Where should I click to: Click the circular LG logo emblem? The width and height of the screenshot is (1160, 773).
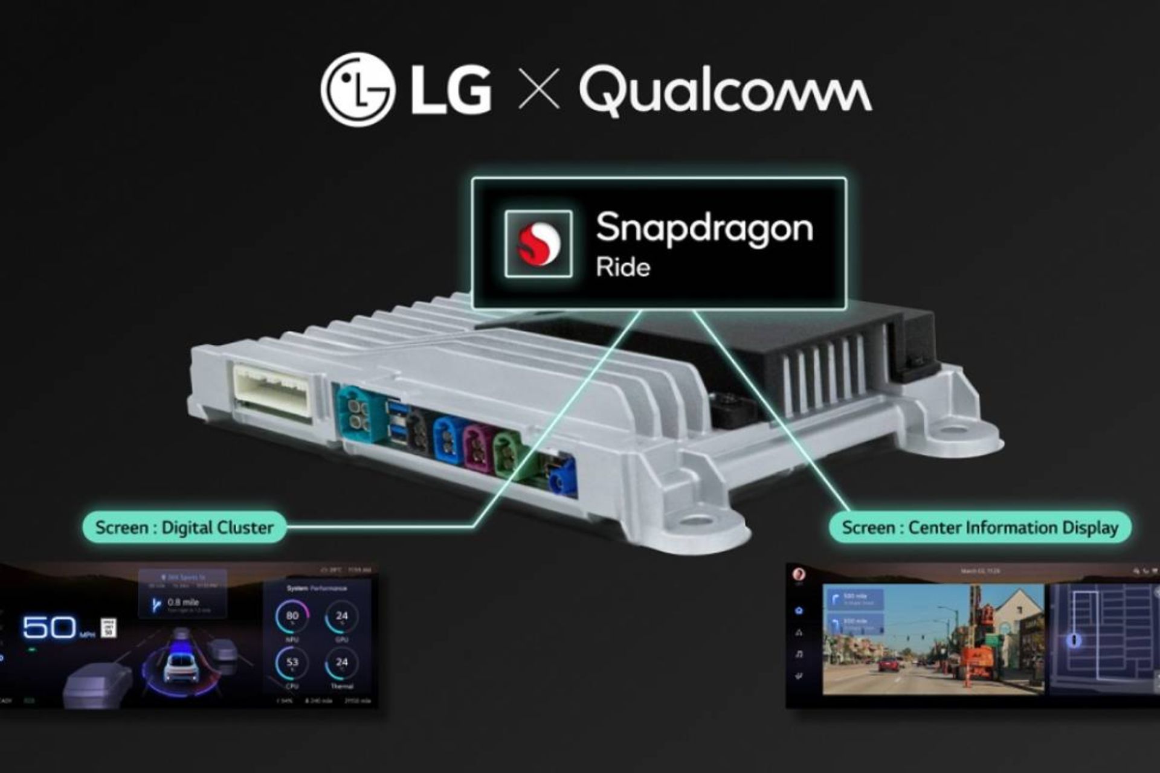click(x=358, y=89)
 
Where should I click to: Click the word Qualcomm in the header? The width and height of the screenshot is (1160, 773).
click(x=725, y=91)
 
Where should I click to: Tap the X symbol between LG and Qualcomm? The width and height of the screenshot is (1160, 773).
click(x=539, y=89)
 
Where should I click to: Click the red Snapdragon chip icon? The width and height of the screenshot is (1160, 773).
click(x=538, y=243)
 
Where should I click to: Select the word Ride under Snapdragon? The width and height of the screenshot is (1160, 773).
click(x=623, y=267)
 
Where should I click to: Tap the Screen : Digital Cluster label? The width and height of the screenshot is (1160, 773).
click(x=184, y=527)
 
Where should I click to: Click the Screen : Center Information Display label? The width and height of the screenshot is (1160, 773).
click(x=979, y=527)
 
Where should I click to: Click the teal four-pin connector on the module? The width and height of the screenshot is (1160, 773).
click(x=359, y=414)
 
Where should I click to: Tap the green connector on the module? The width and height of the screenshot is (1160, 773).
click(x=509, y=456)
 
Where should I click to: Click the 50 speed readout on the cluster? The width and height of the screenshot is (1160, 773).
click(x=50, y=628)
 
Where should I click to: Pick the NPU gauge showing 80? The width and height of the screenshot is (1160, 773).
click(x=292, y=617)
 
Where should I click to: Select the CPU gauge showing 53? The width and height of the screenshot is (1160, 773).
click(x=292, y=663)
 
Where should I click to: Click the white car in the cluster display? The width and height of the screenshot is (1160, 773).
click(x=179, y=664)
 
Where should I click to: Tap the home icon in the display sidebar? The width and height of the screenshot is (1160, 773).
click(x=799, y=611)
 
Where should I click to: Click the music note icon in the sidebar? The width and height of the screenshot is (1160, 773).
click(x=799, y=654)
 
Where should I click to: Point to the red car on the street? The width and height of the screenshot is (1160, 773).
click(x=888, y=665)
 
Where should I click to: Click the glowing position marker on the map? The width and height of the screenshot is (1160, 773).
click(x=1074, y=640)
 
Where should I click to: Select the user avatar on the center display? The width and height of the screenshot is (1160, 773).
click(x=799, y=574)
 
